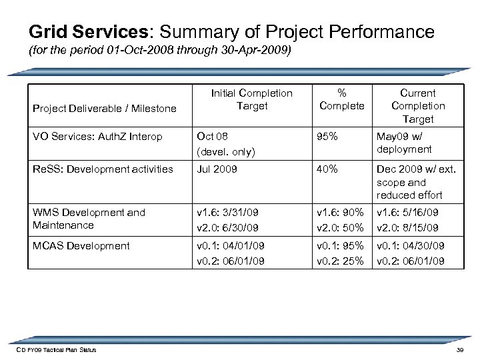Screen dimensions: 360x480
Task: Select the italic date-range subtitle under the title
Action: click(x=159, y=52)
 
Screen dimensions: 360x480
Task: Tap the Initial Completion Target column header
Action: click(x=251, y=99)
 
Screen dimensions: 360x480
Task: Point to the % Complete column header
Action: click(x=341, y=99)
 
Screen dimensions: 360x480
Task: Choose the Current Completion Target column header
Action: click(x=418, y=106)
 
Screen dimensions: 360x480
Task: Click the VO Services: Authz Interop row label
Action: click(x=97, y=137)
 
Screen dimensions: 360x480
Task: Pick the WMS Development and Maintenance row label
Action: click(x=89, y=219)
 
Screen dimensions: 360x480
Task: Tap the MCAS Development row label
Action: click(x=81, y=246)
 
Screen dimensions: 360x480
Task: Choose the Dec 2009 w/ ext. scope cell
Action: click(x=417, y=182)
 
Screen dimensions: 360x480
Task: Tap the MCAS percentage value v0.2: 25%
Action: click(x=340, y=261)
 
